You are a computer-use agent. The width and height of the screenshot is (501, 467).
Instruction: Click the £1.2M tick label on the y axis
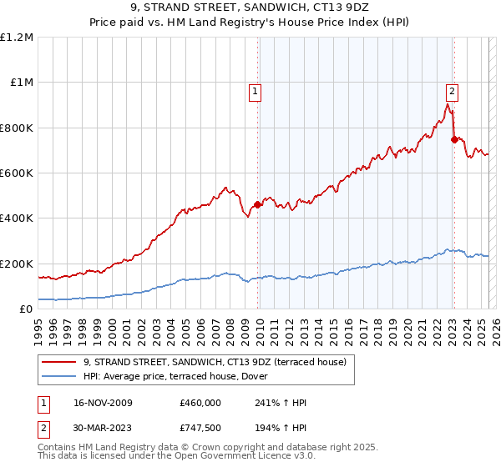point(17,38)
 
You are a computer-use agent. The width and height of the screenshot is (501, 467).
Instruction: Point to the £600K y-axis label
point(17,173)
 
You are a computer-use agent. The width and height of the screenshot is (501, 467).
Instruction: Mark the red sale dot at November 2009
point(257,204)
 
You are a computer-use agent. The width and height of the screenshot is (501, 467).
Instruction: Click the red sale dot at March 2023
point(454,140)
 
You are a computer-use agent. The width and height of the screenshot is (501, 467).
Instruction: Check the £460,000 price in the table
point(200,403)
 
